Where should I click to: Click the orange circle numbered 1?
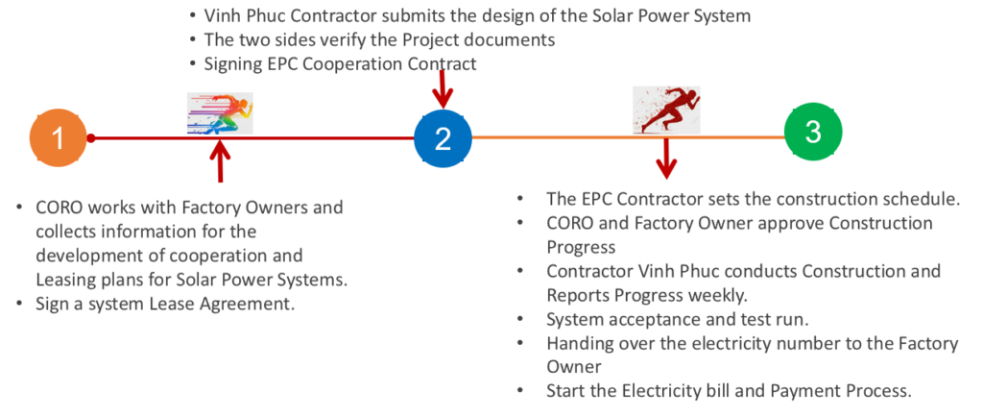[x=58, y=138]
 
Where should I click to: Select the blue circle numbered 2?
[x=443, y=138]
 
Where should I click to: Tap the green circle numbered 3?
[x=813, y=133]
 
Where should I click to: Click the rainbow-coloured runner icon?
[x=220, y=112]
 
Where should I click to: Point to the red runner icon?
[x=666, y=110]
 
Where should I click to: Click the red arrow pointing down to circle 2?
[x=443, y=89]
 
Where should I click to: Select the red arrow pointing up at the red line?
[x=220, y=161]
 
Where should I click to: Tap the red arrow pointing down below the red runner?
[x=666, y=158]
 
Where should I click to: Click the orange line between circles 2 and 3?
[x=628, y=136]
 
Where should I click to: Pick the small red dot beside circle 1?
[x=91, y=138]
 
